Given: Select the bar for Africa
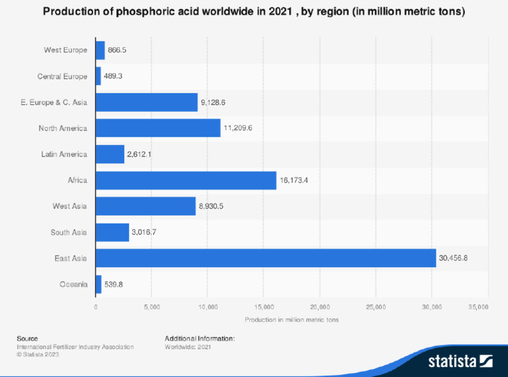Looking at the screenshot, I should tap(186, 180).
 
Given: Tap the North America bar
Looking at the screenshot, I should tap(158, 128).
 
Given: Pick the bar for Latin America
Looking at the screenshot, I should tap(110, 154).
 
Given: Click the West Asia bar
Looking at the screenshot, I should tap(146, 206).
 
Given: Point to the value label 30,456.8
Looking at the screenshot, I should tap(453, 258).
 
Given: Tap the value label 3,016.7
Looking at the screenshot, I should tap(146, 232).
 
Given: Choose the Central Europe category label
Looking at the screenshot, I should tap(62, 76).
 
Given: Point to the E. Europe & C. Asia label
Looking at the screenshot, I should tap(54, 103).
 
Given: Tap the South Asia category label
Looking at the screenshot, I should tap(69, 232).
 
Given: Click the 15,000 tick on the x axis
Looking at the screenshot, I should tap(264, 307).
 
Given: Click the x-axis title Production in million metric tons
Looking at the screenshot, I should tap(292, 319).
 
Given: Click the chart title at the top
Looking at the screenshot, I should tap(254, 13).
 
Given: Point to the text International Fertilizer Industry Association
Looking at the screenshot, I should tap(75, 347).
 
